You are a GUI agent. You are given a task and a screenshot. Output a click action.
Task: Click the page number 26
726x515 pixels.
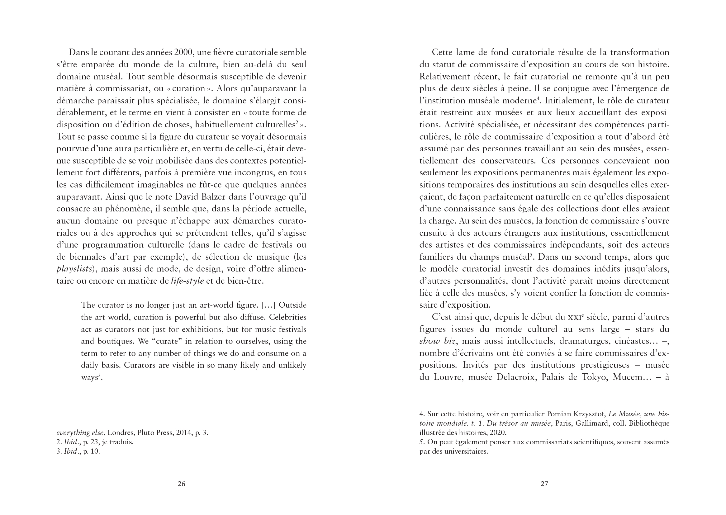pos(181,484)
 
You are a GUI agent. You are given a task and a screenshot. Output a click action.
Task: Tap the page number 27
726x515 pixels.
pos(544,484)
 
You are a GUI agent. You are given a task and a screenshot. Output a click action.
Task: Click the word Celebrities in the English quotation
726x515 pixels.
pos(288,317)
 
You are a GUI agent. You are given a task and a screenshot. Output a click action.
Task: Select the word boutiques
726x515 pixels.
pos(114,342)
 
